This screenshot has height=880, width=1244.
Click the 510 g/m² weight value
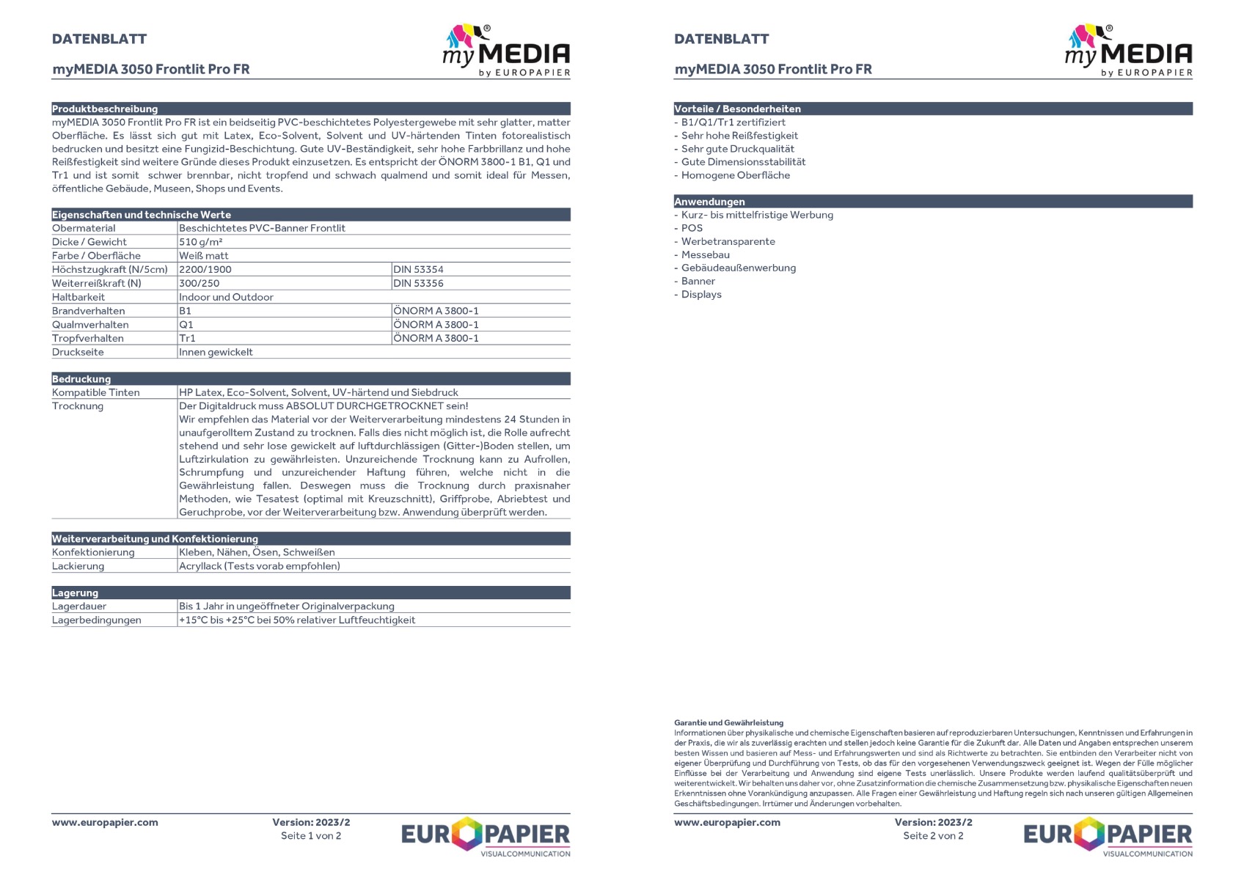pyautogui.click(x=201, y=242)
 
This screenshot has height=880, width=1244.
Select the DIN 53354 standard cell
pyautogui.click(x=418, y=270)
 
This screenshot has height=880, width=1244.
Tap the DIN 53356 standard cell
pyautogui.click(x=418, y=284)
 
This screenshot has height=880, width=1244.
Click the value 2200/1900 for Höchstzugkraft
pyautogui.click(x=205, y=270)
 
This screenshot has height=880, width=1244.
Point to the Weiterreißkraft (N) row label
pyautogui.click(x=97, y=284)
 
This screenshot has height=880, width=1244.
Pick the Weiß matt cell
pyautogui.click(x=204, y=256)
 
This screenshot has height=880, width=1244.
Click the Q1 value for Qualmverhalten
pyautogui.click(x=186, y=325)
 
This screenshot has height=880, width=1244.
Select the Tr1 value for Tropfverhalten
pyautogui.click(x=188, y=339)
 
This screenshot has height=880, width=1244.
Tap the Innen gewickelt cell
pyautogui.click(x=216, y=353)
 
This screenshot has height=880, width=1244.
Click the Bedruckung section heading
pyautogui.click(x=81, y=379)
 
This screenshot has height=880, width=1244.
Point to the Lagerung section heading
pyautogui.click(x=75, y=593)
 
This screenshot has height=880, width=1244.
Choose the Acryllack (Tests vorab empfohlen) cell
pyautogui.click(x=260, y=566)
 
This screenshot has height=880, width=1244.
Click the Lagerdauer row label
pyautogui.click(x=79, y=606)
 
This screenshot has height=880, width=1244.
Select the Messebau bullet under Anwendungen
pyautogui.click(x=705, y=255)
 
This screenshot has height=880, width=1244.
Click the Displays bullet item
pyautogui.click(x=701, y=295)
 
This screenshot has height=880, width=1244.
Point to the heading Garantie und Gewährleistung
pyautogui.click(x=728, y=723)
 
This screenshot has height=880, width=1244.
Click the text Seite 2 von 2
pyautogui.click(x=933, y=836)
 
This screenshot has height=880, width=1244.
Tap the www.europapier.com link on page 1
pyautogui.click(x=105, y=823)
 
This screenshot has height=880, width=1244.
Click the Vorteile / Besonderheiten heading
pyautogui.click(x=737, y=109)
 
